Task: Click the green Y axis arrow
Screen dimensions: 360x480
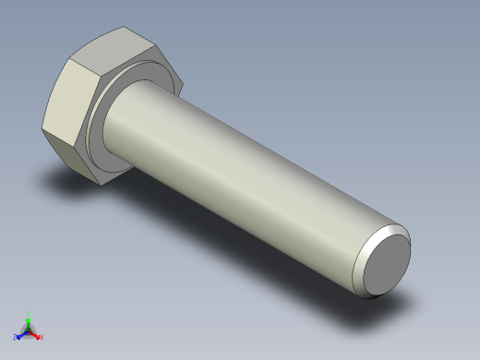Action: click(29, 318)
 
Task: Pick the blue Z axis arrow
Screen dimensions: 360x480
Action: click(20, 335)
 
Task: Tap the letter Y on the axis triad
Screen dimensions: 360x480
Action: click(29, 312)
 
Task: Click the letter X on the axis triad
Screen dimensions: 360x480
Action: click(42, 337)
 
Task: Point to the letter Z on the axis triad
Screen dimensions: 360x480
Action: click(15, 338)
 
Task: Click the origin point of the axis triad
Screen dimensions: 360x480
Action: click(28, 330)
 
